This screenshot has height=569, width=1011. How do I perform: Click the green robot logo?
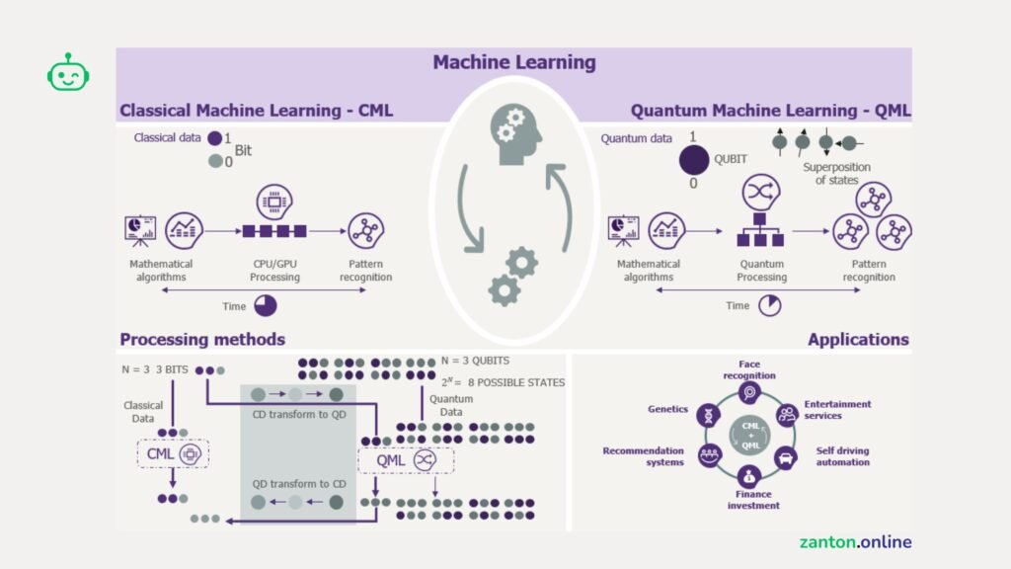click(68, 73)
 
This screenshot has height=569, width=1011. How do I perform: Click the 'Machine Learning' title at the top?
click(513, 62)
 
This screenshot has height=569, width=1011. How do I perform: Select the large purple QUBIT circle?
click(694, 158)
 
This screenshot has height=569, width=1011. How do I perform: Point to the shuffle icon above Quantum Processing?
click(760, 191)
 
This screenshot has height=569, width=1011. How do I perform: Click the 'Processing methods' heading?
click(202, 340)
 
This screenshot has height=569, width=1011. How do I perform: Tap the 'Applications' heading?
click(858, 340)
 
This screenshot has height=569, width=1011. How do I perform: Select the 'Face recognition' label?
click(749, 369)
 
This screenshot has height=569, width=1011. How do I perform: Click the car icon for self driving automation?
click(785, 457)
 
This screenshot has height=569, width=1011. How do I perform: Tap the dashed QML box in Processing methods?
click(405, 460)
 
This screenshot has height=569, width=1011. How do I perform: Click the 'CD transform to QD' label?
click(298, 414)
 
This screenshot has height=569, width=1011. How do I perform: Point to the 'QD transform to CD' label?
click(297, 483)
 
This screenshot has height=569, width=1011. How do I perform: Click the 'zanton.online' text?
click(855, 542)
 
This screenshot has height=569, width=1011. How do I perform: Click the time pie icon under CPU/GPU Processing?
click(266, 306)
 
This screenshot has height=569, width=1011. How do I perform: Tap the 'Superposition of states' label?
click(836, 173)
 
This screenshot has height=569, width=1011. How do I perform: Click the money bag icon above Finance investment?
click(748, 475)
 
